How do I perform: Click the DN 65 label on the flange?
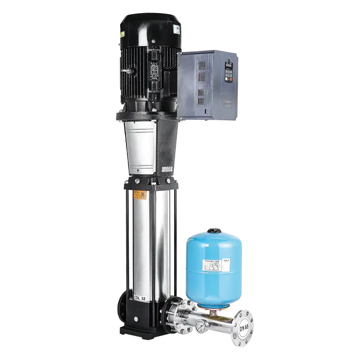244,325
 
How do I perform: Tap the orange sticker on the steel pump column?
138,196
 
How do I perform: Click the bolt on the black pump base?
135,319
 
